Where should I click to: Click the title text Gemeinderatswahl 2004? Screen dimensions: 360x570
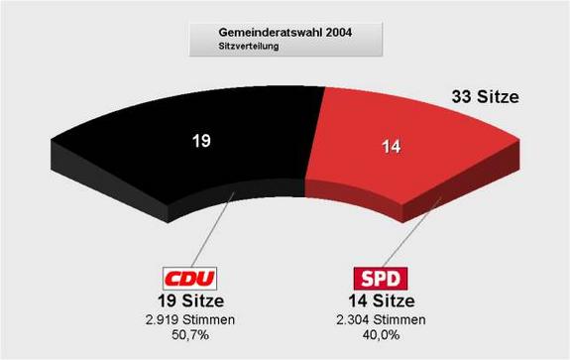click(283, 32)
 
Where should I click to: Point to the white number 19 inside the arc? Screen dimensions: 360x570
click(201, 141)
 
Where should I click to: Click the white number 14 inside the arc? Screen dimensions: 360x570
click(391, 149)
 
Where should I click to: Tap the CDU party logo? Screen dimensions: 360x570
click(189, 278)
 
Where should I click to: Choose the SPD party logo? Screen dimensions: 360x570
click(382, 278)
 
